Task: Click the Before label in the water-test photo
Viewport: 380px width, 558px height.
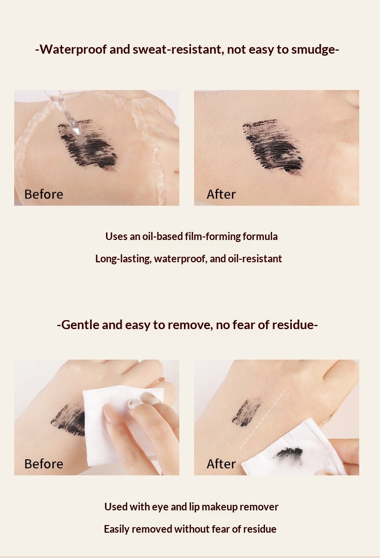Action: pyautogui.click(x=44, y=194)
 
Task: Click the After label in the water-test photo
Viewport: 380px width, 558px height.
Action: pyautogui.click(x=221, y=194)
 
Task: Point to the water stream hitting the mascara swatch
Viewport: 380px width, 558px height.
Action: pyautogui.click(x=69, y=117)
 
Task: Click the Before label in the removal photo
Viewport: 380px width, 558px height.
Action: pyautogui.click(x=44, y=464)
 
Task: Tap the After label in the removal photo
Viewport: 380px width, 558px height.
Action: pyautogui.click(x=221, y=464)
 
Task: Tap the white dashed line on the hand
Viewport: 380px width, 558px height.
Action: pyautogui.click(x=263, y=418)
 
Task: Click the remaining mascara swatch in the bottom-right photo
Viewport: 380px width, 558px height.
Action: pyautogui.click(x=246, y=413)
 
